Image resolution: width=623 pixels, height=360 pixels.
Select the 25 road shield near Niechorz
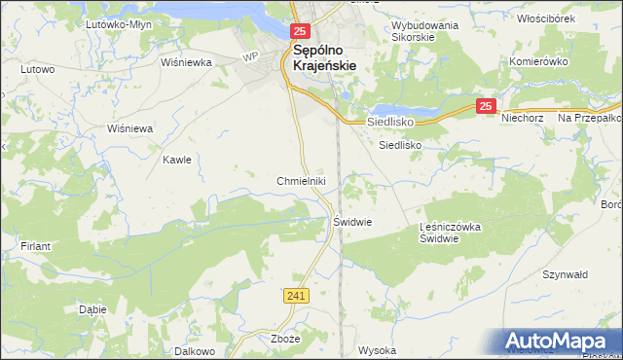pyautogui.click(x=488, y=106)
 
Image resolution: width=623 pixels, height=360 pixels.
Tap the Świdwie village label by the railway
pyautogui.click(x=353, y=222)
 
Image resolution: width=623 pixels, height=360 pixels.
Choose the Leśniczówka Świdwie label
pyautogui.click(x=451, y=233)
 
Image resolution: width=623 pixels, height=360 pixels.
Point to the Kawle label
pyautogui.click(x=176, y=159)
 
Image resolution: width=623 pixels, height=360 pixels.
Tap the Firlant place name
pyautogui.click(x=36, y=247)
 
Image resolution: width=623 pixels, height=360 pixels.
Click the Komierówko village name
pyautogui.click(x=538, y=60)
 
